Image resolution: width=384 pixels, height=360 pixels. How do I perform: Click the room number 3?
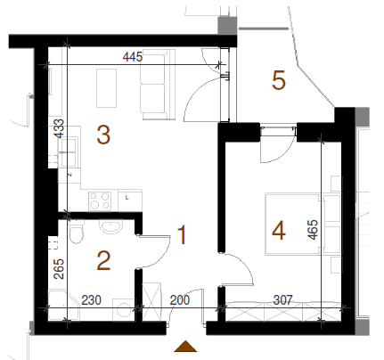(x=103, y=135)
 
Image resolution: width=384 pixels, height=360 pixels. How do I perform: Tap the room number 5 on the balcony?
(x=279, y=80)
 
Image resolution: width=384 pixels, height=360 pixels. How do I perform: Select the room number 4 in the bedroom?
(x=279, y=231)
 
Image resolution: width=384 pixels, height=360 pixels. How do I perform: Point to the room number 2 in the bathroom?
(x=103, y=260)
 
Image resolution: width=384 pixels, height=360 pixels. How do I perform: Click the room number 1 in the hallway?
(x=182, y=234)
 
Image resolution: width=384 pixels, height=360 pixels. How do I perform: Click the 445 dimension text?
(x=133, y=56)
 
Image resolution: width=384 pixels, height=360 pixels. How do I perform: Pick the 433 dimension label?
(x=60, y=128)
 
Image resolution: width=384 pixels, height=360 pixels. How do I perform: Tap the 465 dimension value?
(x=313, y=230)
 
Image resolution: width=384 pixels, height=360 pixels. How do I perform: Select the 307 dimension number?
(x=283, y=300)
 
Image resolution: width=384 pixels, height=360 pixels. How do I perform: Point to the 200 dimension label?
(x=180, y=300)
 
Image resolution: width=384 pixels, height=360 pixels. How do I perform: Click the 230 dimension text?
(x=91, y=300)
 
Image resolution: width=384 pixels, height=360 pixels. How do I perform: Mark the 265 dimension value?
(x=59, y=269)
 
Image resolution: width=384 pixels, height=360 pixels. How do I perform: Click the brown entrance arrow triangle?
(x=185, y=347)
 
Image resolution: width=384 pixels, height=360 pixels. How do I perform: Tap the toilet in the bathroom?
(x=77, y=232)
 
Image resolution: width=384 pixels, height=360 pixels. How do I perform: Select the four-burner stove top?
(x=100, y=200)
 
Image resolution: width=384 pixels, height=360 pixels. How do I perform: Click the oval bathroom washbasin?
(x=110, y=226)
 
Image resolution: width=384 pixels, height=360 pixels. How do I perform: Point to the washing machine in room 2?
(x=124, y=310)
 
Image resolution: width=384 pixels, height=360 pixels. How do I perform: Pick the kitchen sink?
(x=69, y=151)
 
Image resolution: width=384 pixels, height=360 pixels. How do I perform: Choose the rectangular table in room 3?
(x=106, y=88)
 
